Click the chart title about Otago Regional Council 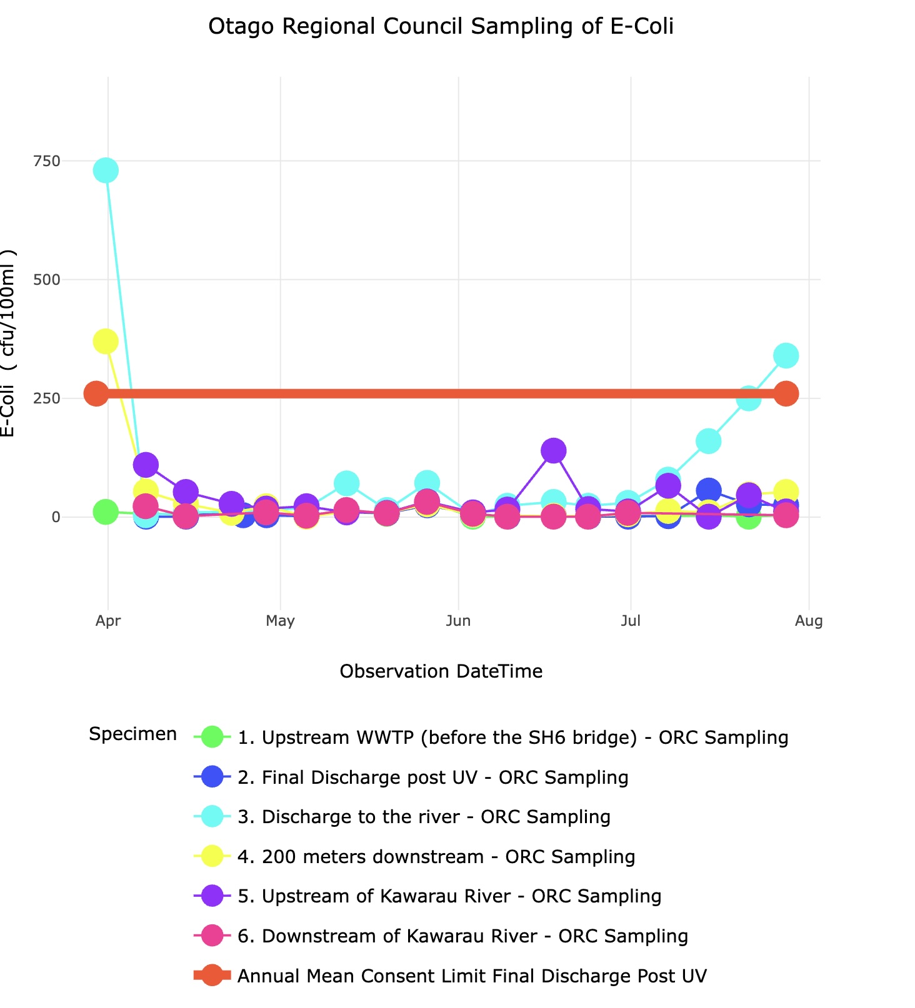(x=441, y=27)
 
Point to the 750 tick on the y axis (x=47, y=161)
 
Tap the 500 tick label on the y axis (x=47, y=280)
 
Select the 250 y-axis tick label (x=47, y=398)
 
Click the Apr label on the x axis (x=108, y=621)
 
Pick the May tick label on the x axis (x=280, y=621)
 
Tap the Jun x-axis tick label (x=458, y=621)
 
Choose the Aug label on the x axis (x=809, y=621)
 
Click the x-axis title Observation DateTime (x=441, y=671)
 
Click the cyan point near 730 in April (x=106, y=170)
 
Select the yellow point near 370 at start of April (x=106, y=342)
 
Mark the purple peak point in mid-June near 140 (x=553, y=450)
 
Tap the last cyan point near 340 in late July (x=786, y=355)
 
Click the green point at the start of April (x=106, y=512)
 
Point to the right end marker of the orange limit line (x=786, y=393)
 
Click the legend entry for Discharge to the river (x=424, y=817)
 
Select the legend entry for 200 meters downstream (x=436, y=857)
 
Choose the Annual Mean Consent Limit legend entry (x=472, y=976)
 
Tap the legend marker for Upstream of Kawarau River (x=213, y=896)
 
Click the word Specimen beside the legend (x=132, y=734)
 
